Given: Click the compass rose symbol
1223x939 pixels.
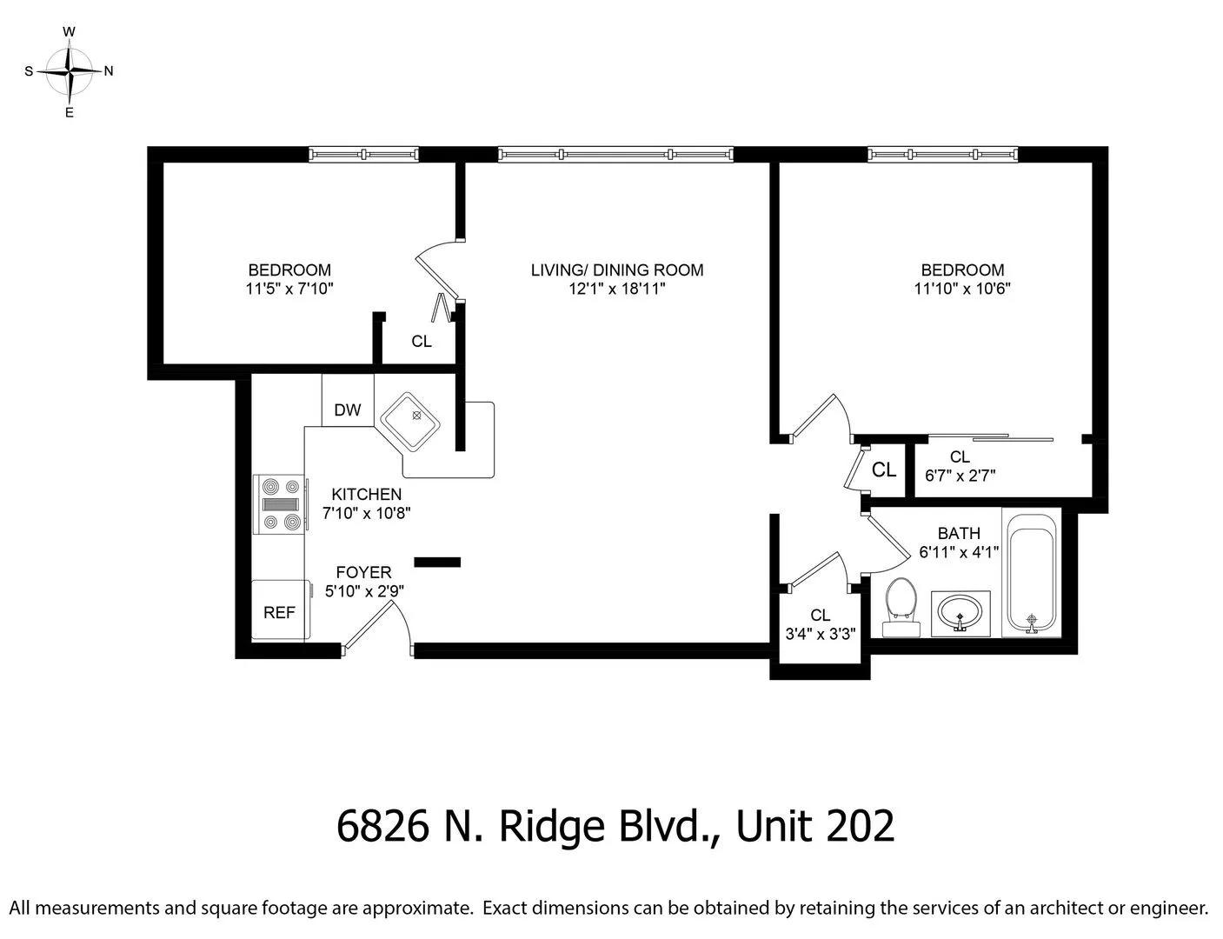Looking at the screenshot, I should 70,71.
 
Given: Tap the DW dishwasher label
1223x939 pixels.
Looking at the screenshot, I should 348,410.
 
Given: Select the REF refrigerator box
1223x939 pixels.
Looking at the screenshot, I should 279,611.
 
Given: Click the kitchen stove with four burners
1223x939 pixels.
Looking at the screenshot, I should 279,504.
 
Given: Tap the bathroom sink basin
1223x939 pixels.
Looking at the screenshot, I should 960,613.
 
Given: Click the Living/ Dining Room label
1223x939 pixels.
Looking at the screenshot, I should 617,270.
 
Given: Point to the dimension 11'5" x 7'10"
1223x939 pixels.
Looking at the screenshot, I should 289,289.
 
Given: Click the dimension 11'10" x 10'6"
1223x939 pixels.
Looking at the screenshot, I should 962,289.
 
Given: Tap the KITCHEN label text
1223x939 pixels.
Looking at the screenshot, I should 366,495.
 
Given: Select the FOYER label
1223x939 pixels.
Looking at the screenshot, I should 364,572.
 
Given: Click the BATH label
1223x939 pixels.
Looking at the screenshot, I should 959,533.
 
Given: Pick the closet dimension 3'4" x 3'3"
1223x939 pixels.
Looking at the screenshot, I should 821,634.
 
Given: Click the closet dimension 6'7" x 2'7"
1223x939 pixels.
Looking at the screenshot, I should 960,476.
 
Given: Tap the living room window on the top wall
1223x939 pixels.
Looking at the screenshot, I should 615,155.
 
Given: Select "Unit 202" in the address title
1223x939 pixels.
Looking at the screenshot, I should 815,826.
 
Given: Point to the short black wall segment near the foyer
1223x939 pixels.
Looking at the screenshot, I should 437,562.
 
